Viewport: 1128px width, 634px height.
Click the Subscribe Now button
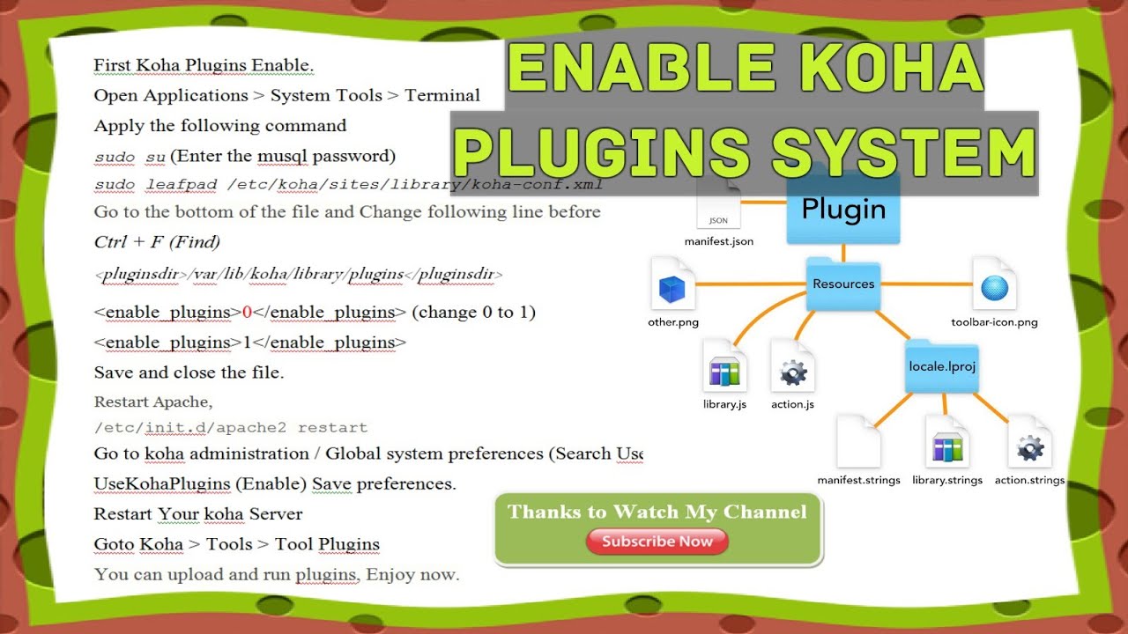657,542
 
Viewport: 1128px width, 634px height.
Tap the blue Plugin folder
843,212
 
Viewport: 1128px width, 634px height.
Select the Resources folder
843,284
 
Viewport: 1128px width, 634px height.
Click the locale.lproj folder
941,366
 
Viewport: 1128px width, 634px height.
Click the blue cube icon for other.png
672,287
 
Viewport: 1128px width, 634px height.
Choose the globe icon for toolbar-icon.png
994,287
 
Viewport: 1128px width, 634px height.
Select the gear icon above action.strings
1029,448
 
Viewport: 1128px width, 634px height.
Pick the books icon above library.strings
947,448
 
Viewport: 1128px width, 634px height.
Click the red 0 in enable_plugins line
247,313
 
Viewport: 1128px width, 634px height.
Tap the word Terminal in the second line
442,95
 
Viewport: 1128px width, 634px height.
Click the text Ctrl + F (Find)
157,241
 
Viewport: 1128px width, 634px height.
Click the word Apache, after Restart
182,402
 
